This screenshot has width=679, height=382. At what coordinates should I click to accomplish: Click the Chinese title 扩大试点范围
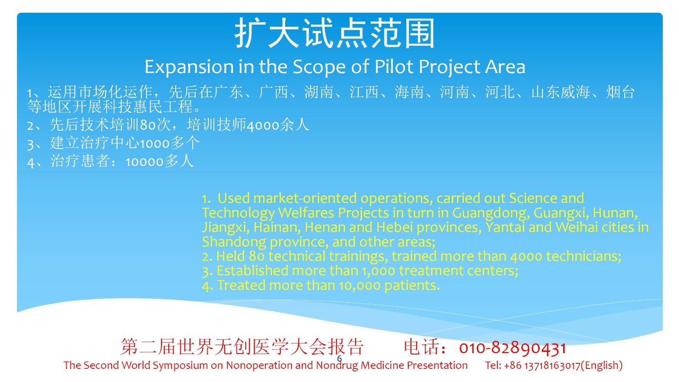click(335, 33)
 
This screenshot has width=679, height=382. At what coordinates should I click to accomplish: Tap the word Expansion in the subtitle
click(189, 67)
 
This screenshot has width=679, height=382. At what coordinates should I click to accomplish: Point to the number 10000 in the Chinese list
click(145, 162)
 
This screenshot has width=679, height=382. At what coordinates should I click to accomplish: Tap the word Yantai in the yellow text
click(505, 228)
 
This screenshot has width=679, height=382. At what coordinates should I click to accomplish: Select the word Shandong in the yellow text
click(234, 242)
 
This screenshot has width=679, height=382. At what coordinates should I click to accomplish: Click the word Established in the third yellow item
click(252, 271)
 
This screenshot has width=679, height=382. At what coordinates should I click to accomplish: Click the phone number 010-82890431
click(512, 348)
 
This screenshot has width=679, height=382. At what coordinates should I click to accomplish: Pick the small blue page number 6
click(339, 359)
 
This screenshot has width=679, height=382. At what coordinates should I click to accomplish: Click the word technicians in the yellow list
click(584, 257)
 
